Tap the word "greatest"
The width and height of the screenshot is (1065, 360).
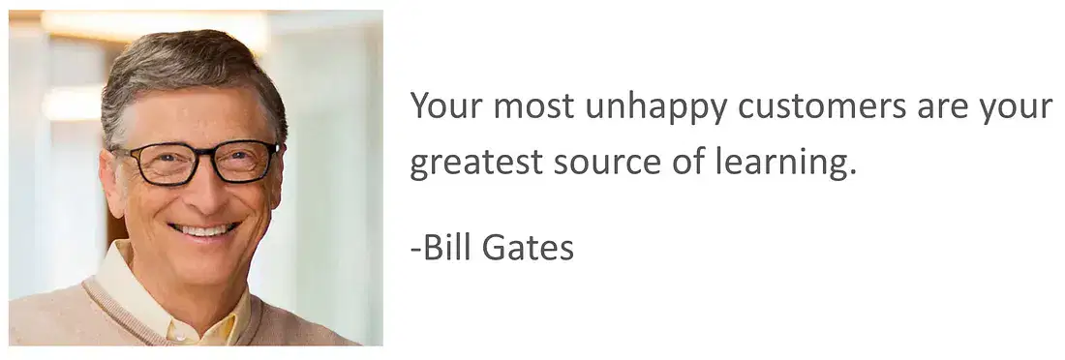click(x=476, y=164)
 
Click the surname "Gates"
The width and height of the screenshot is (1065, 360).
click(x=528, y=248)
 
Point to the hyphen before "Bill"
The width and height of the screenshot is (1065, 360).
click(x=415, y=252)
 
